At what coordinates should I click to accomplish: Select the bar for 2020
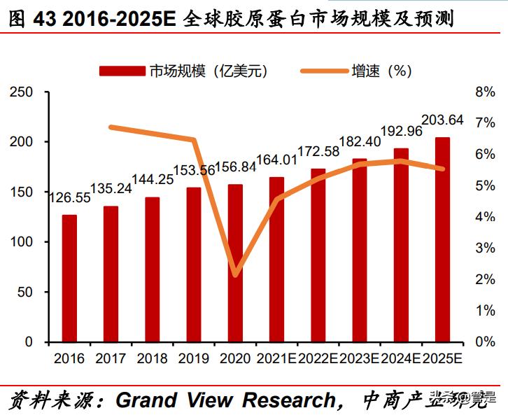(235, 263)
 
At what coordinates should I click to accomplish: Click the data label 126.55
(69, 198)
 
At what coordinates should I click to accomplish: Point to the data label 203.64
(442, 120)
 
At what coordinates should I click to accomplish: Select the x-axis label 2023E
(359, 358)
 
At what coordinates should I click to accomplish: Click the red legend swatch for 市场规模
(122, 70)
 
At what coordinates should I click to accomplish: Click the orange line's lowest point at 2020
(235, 274)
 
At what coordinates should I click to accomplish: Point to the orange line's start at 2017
(111, 127)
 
